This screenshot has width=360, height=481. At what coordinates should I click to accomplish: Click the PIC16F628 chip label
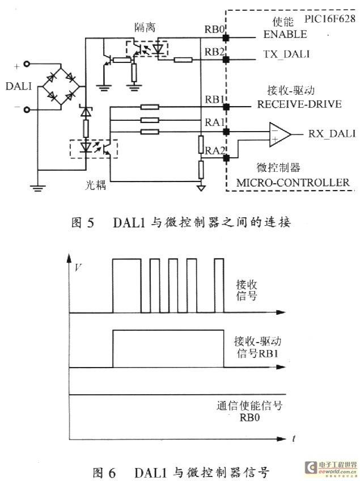[x=329, y=19]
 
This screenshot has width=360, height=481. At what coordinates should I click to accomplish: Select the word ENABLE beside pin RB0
[x=285, y=34]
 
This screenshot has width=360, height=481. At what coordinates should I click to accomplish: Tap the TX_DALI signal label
[x=286, y=54]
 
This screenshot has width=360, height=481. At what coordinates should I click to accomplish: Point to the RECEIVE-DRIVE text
[x=299, y=104]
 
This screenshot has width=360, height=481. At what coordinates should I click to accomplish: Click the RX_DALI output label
[x=332, y=133]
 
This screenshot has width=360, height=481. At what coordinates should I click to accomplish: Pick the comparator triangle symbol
[x=279, y=134]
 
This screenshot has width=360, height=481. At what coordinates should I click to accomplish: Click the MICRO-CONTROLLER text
[x=293, y=183]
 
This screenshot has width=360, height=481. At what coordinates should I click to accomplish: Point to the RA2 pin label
[x=215, y=150]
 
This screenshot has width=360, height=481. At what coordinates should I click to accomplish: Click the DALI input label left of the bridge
[x=18, y=86]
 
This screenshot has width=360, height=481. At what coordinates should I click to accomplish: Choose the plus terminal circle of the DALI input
[x=27, y=64]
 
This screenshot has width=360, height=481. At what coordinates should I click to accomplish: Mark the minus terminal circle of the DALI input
[x=27, y=109]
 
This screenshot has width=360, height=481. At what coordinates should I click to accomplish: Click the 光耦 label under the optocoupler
[x=95, y=185]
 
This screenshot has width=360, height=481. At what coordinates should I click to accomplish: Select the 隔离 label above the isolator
[x=145, y=27]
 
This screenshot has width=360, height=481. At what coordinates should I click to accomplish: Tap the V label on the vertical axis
[x=78, y=267]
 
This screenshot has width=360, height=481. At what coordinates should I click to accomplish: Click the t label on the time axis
[x=294, y=438]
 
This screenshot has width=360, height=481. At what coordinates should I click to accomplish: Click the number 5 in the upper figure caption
[x=91, y=223]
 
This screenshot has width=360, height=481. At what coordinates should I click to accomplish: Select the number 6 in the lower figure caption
[x=112, y=472]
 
